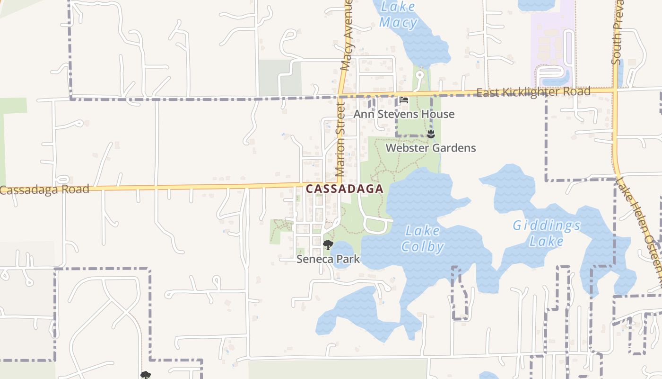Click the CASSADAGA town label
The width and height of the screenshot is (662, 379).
[344, 189]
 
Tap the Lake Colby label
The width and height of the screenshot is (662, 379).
[422, 239]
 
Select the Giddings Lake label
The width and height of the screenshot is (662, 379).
[547, 233]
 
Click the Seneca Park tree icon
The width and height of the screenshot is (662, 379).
[328, 244]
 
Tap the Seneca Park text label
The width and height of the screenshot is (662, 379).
[328, 259]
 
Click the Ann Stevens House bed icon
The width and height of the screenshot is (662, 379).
[403, 100]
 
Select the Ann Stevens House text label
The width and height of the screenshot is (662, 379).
[404, 114]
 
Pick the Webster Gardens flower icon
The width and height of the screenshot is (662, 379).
[430, 134]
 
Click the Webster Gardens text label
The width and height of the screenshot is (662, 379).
[431, 148]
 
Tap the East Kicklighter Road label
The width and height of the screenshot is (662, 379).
[533, 91]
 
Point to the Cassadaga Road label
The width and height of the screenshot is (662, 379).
[44, 190]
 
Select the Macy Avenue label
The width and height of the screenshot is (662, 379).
[347, 36]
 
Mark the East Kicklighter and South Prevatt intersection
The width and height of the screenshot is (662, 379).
[616, 90]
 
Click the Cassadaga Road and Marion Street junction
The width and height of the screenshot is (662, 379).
[339, 183]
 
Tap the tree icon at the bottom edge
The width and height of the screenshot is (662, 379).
[146, 375]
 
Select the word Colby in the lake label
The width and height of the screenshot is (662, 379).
[422, 247]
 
